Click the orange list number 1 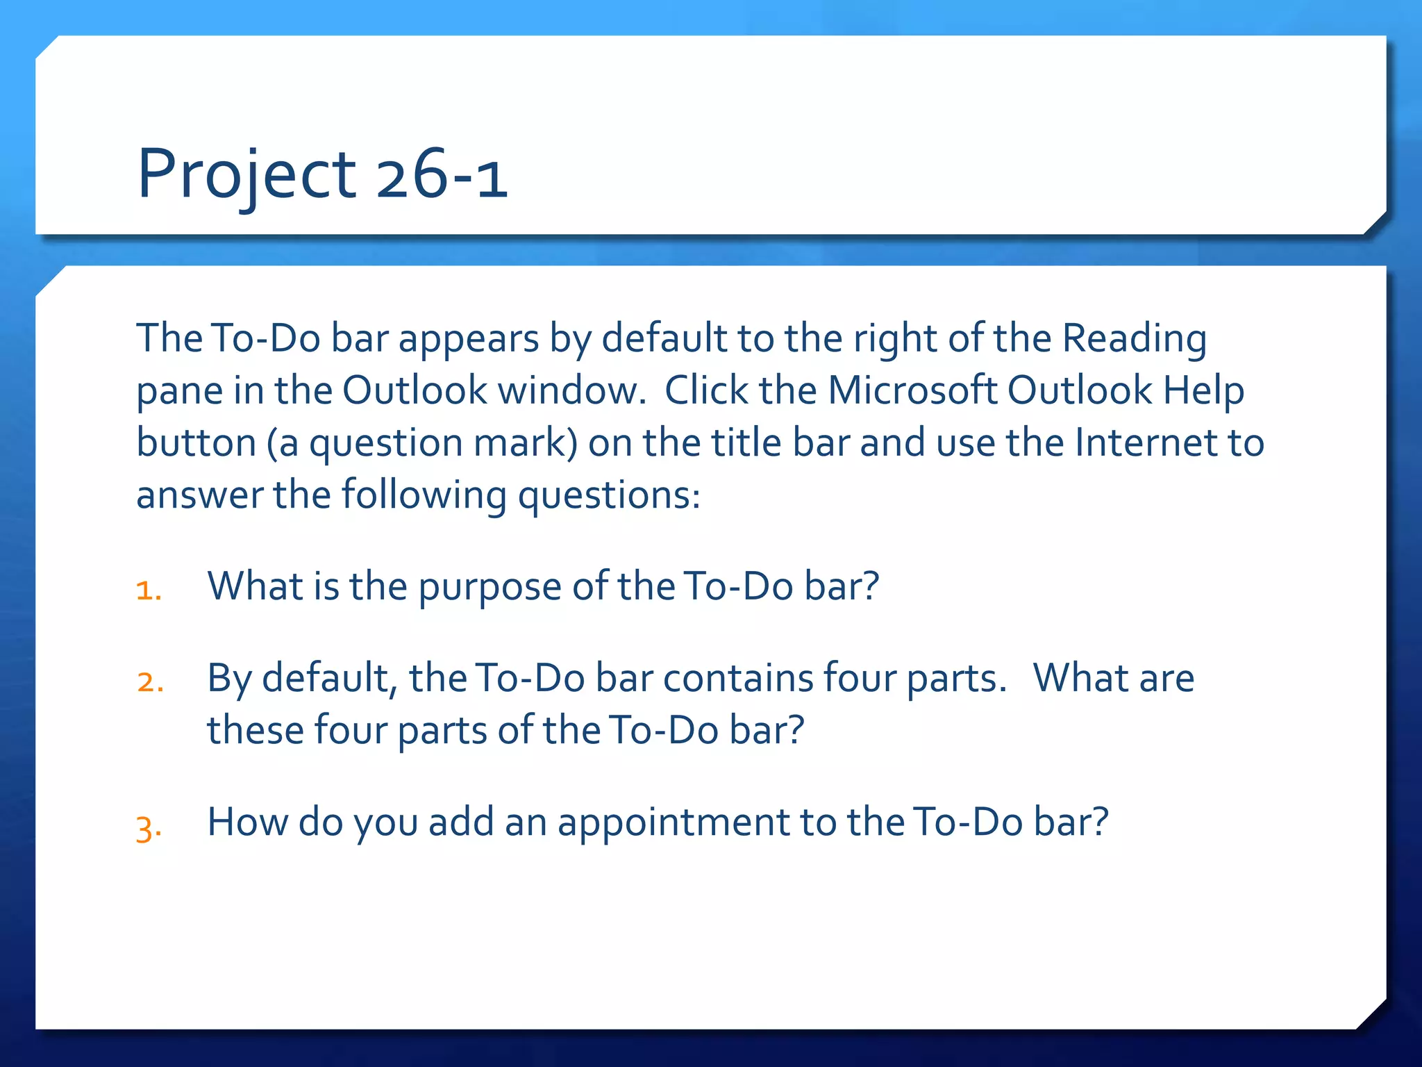coord(149,590)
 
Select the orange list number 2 coord(150,681)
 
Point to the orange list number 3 coord(149,827)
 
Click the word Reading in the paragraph coord(1135,340)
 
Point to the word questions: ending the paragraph coord(609,496)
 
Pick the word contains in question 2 coord(737,678)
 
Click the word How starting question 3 coord(248,822)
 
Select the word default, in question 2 coord(330,678)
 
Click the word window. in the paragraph coord(572,390)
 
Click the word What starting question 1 coord(255,586)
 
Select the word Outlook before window coord(415,390)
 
